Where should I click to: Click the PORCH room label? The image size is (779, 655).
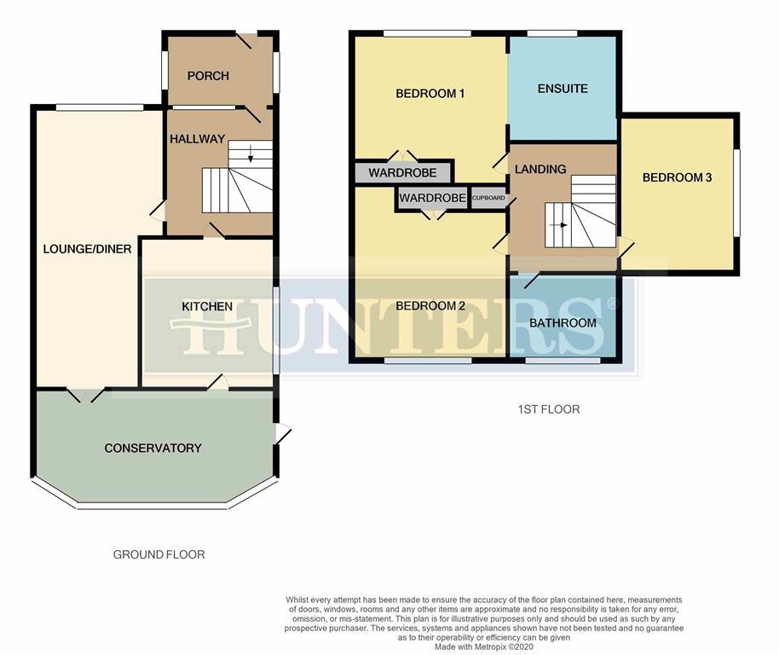click(x=208, y=76)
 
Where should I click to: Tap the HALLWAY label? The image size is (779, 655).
click(x=197, y=139)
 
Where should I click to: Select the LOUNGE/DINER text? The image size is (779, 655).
click(x=88, y=249)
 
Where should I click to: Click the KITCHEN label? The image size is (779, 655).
click(x=207, y=306)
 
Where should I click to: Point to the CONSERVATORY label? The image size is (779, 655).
click(x=153, y=448)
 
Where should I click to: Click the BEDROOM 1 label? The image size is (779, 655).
click(x=430, y=94)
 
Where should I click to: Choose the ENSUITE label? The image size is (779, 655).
click(x=563, y=89)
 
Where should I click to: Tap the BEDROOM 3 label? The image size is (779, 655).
click(x=677, y=177)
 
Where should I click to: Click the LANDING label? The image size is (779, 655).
click(x=540, y=169)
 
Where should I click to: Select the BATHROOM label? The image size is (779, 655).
click(x=563, y=323)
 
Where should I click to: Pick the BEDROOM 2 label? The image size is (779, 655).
click(x=430, y=306)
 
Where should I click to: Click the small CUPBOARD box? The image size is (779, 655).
click(x=488, y=199)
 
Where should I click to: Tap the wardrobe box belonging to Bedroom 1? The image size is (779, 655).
click(x=402, y=172)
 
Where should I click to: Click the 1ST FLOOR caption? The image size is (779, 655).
click(x=549, y=409)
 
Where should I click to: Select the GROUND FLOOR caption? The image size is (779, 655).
click(x=159, y=554)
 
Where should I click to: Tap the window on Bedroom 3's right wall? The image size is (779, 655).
click(x=738, y=194)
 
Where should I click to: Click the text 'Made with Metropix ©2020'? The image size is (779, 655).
click(x=484, y=646)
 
